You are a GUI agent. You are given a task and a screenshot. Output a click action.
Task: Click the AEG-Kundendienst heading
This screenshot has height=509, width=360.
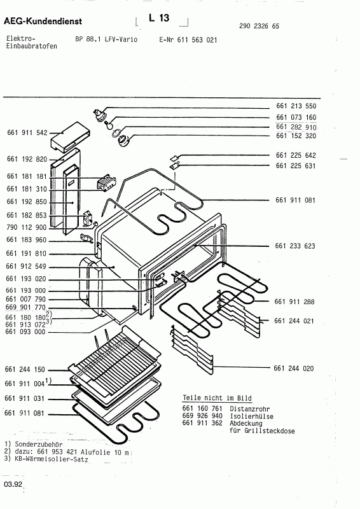48,22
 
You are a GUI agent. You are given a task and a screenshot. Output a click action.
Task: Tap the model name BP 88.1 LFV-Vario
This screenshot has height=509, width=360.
106,39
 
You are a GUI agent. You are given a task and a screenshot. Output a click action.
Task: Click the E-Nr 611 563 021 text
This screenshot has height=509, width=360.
188,39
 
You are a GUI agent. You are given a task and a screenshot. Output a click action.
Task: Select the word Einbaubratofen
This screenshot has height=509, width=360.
30,46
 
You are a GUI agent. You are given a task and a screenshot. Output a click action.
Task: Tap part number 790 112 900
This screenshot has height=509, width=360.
27,227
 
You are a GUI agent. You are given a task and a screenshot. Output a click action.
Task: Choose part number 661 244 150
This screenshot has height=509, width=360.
27,370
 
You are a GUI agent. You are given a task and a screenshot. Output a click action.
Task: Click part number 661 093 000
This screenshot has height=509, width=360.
27,331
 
